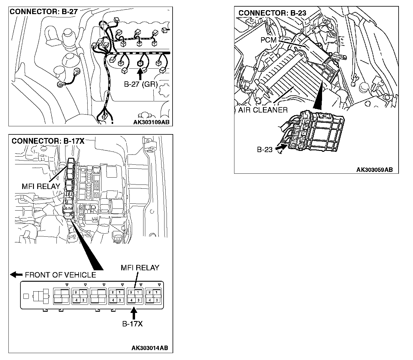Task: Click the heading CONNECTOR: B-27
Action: click(x=44, y=12)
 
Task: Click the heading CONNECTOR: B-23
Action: click(x=272, y=13)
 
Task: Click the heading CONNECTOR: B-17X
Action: click(x=48, y=141)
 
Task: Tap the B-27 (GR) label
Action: click(x=141, y=84)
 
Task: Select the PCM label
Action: click(x=268, y=40)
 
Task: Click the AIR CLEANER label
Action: click(x=263, y=110)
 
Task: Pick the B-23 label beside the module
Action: click(x=264, y=149)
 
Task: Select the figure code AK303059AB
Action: click(x=374, y=170)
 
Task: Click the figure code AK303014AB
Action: click(x=150, y=348)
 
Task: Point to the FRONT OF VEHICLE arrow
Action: click(x=16, y=274)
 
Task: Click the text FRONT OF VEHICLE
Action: click(x=60, y=275)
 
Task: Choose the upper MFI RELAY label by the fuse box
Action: click(x=41, y=186)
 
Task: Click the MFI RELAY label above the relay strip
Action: click(x=140, y=268)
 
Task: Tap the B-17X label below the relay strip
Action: click(x=132, y=324)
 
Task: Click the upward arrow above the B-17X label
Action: click(x=134, y=313)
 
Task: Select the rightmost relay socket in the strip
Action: click(x=153, y=296)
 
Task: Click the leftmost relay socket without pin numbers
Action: click(x=62, y=296)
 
